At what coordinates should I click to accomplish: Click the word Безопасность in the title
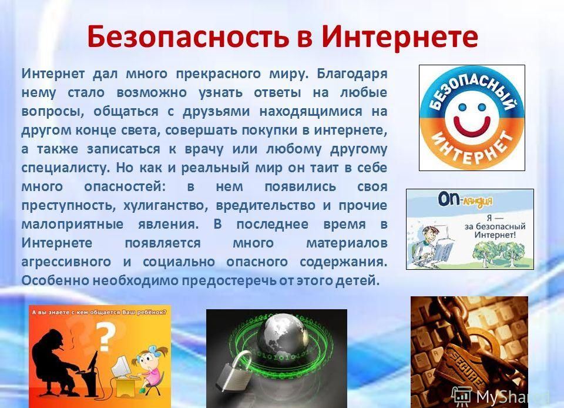tap(188, 36)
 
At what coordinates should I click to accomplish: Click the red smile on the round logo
tap(472, 126)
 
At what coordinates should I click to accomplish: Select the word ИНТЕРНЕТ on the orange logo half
tap(472, 149)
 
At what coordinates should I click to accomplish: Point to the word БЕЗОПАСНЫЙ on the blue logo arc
tap(472, 91)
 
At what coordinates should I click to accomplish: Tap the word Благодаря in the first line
tap(352, 73)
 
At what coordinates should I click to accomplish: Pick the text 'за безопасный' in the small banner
tap(495, 227)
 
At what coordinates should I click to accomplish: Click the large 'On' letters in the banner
tap(448, 199)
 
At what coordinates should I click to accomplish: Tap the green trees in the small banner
tap(497, 252)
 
